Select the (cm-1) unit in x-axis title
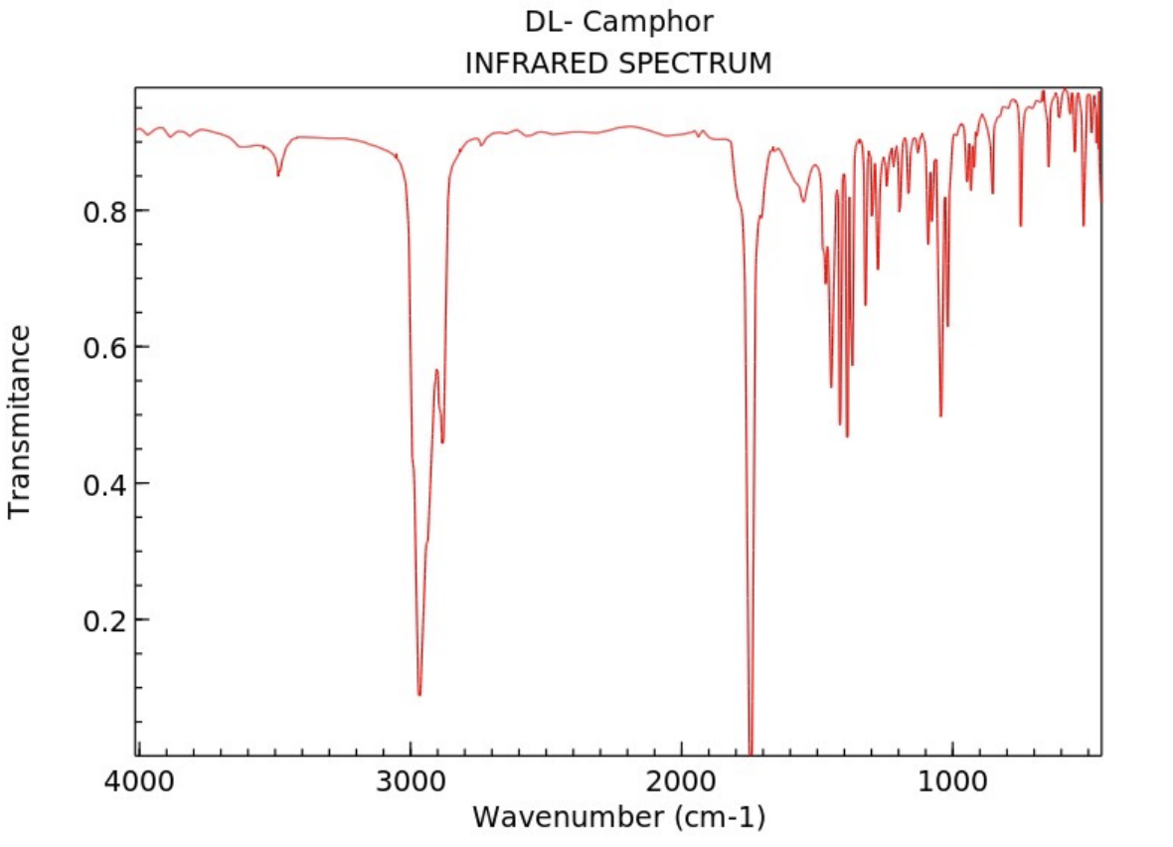pyautogui.click(x=708, y=817)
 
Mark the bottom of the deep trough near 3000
pyautogui.click(x=419, y=694)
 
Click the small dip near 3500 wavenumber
pyautogui.click(x=278, y=175)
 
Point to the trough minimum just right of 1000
pyautogui.click(x=940, y=416)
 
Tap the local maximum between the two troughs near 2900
pyautogui.click(x=436, y=370)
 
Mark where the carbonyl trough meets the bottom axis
pyautogui.click(x=751, y=754)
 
